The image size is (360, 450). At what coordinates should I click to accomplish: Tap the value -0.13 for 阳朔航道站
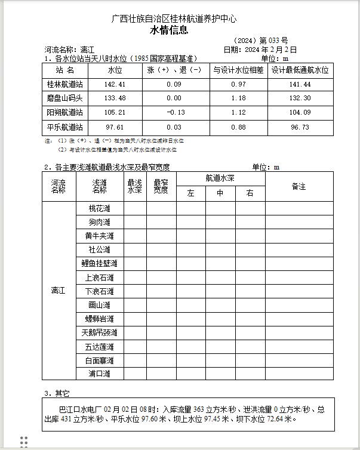[x=174, y=112]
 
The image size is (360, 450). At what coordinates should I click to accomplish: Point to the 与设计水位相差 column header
[x=238, y=70]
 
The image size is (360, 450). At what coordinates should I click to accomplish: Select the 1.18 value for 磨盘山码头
[x=238, y=98]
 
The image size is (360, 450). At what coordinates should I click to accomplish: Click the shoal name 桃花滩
[x=99, y=208]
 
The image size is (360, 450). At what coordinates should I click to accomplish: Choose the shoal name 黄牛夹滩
[x=99, y=236]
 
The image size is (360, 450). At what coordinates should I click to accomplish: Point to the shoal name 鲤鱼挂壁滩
[x=99, y=263]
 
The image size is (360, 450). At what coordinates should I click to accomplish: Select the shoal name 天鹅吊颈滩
[x=99, y=332]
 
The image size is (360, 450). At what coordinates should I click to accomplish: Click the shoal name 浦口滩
[x=99, y=374]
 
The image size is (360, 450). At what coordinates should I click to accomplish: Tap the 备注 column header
[x=299, y=187]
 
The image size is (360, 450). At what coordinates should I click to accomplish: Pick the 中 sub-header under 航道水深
[x=220, y=193]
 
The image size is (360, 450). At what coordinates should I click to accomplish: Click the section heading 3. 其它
[x=57, y=394]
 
